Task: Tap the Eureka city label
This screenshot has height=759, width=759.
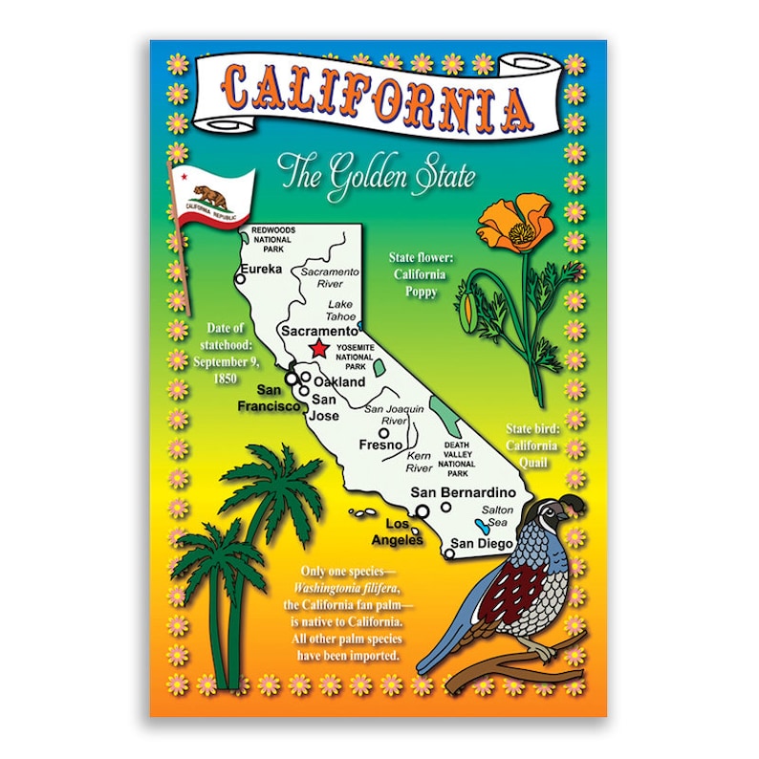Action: coord(261,270)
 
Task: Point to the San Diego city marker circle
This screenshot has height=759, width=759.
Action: coord(447,552)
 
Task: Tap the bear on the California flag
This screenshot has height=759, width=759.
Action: coord(211,195)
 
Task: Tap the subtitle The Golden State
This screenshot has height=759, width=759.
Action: coord(376,176)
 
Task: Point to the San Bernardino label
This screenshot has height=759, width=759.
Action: coord(463,492)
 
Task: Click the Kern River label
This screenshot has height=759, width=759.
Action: coord(418,463)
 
